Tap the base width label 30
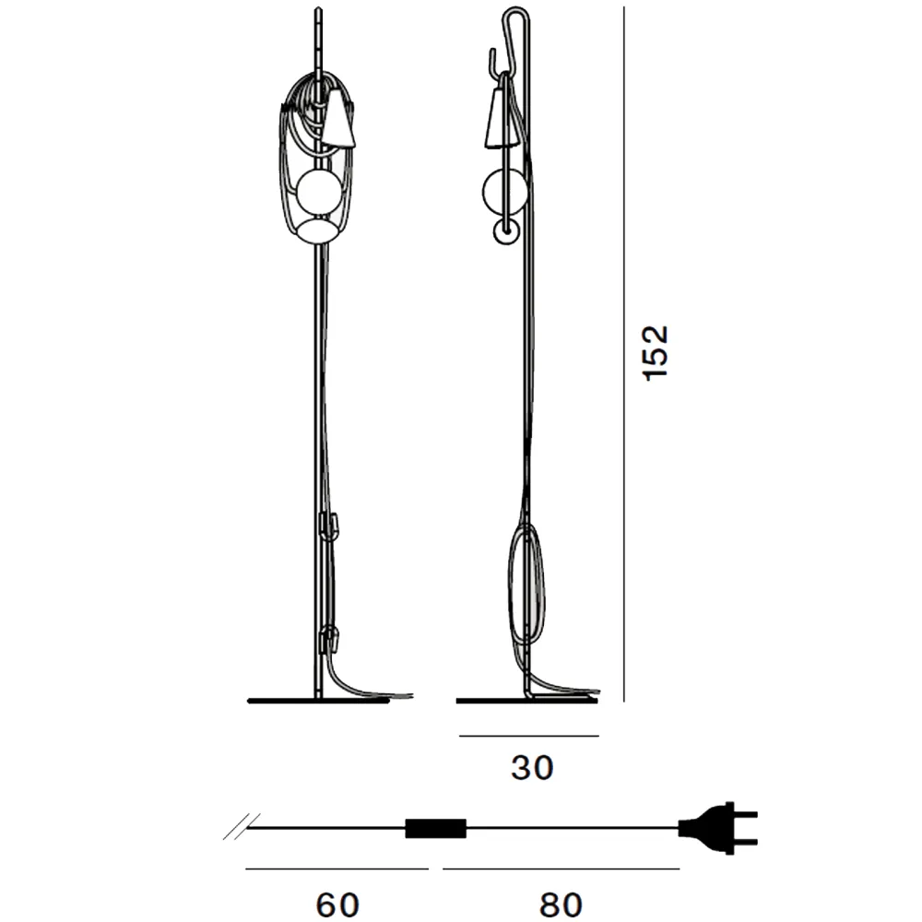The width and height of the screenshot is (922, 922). [532, 768]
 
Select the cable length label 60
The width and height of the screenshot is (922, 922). [337, 904]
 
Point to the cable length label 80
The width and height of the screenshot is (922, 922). [561, 904]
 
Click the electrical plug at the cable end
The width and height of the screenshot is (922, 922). [718, 828]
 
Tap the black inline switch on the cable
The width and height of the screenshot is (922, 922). [436, 828]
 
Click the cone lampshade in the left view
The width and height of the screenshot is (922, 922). [339, 118]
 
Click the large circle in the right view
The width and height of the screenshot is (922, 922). [504, 192]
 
